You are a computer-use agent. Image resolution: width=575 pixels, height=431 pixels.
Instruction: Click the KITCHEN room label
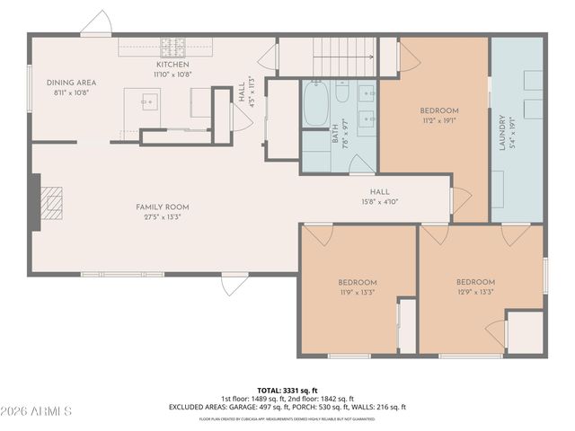[172, 65]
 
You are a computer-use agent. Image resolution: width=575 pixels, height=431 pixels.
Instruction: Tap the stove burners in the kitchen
[172, 46]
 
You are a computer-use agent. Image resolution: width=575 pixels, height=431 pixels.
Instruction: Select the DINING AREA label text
[72, 83]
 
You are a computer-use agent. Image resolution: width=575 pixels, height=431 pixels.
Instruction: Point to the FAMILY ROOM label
[163, 207]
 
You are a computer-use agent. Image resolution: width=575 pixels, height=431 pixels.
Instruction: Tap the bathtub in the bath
[314, 104]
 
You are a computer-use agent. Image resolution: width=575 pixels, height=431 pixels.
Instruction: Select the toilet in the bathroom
[342, 92]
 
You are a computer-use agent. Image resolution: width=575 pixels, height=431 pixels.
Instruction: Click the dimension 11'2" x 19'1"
[439, 120]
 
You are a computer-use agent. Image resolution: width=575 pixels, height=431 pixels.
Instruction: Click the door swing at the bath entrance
[359, 163]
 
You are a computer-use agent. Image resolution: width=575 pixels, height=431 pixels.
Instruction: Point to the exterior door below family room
[234, 285]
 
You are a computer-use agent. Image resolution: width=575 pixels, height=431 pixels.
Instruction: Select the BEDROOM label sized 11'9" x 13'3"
[357, 282]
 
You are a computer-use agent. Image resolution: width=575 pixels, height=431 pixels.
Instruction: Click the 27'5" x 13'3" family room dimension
[163, 217]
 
